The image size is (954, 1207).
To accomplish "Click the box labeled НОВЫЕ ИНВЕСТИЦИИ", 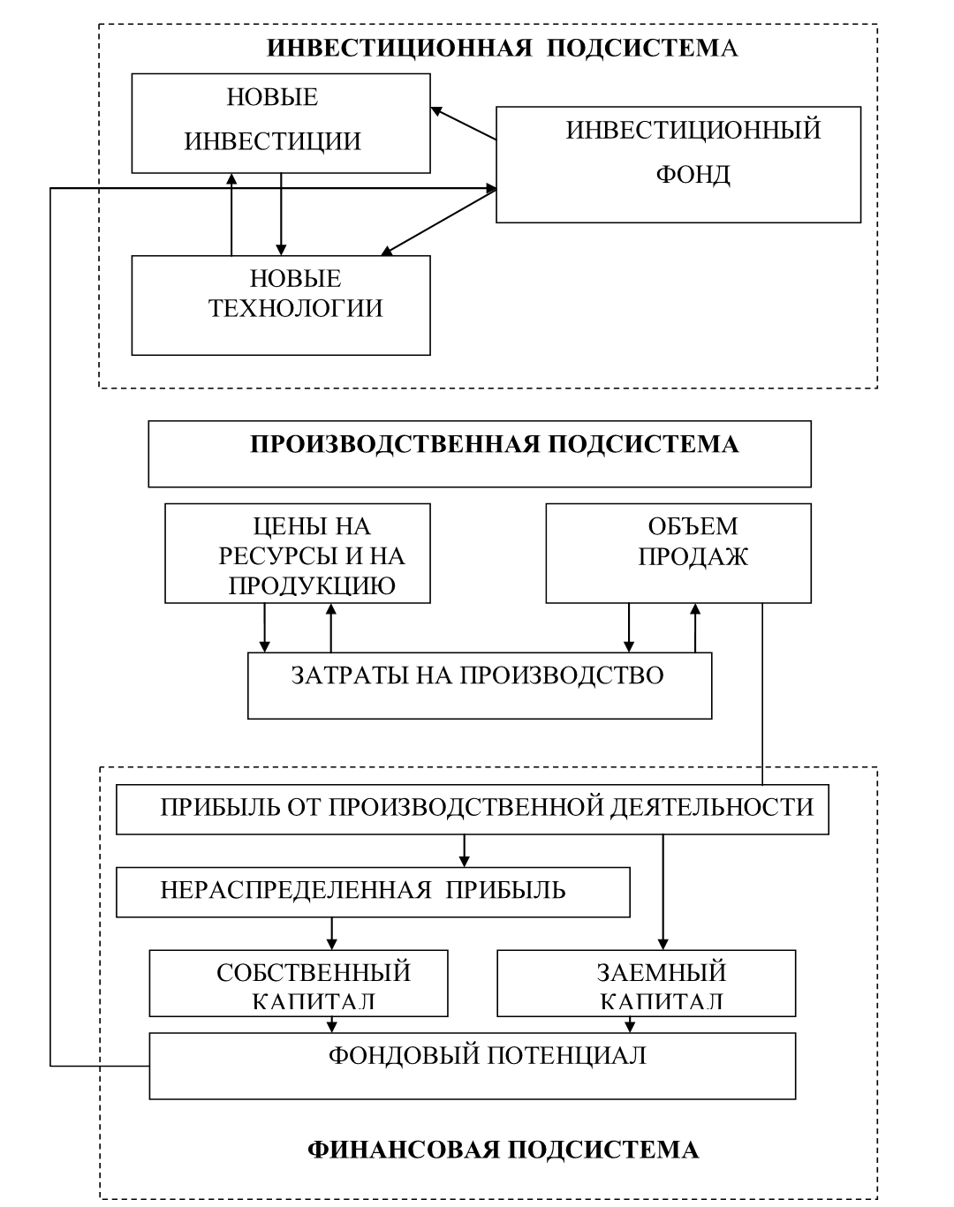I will (281, 123).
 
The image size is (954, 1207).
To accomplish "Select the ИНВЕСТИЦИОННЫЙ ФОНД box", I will (678, 164).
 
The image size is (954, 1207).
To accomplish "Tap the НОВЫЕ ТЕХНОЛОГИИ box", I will (281, 306).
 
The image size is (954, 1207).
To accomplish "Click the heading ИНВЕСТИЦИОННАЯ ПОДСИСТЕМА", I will (502, 48).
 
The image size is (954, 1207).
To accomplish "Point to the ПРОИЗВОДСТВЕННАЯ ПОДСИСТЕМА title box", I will (479, 454).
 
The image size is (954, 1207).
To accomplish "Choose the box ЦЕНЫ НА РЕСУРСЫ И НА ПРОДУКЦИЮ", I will (298, 554).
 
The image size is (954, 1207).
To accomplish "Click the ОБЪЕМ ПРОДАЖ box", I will (678, 554).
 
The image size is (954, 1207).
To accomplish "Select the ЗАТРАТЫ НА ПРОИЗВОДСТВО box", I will (479, 686).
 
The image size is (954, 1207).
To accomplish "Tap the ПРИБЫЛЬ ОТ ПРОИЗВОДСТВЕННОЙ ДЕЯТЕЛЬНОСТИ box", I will (473, 809).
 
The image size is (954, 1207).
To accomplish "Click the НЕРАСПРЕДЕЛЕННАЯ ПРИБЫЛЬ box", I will (373, 892).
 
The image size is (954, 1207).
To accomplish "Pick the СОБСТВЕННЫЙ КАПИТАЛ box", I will (299, 983).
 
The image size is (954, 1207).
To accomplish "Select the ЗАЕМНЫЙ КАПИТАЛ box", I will (646, 983).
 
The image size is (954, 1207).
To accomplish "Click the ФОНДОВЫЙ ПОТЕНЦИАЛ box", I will (473, 1066).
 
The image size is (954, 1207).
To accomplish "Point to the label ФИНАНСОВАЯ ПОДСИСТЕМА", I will (503, 1150).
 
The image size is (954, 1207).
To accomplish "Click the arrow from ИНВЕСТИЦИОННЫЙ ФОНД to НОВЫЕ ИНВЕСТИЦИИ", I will (463, 124).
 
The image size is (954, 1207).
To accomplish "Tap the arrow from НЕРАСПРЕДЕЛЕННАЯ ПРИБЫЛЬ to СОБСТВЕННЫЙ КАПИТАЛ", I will (331, 932).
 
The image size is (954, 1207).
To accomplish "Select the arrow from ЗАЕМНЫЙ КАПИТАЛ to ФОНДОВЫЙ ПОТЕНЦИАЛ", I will (630, 1024).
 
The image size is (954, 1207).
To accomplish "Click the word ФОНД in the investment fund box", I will (693, 174).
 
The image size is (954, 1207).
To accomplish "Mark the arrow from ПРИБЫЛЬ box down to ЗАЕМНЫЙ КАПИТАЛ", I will (662, 892).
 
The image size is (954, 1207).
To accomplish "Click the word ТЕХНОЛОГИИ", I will (295, 308).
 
